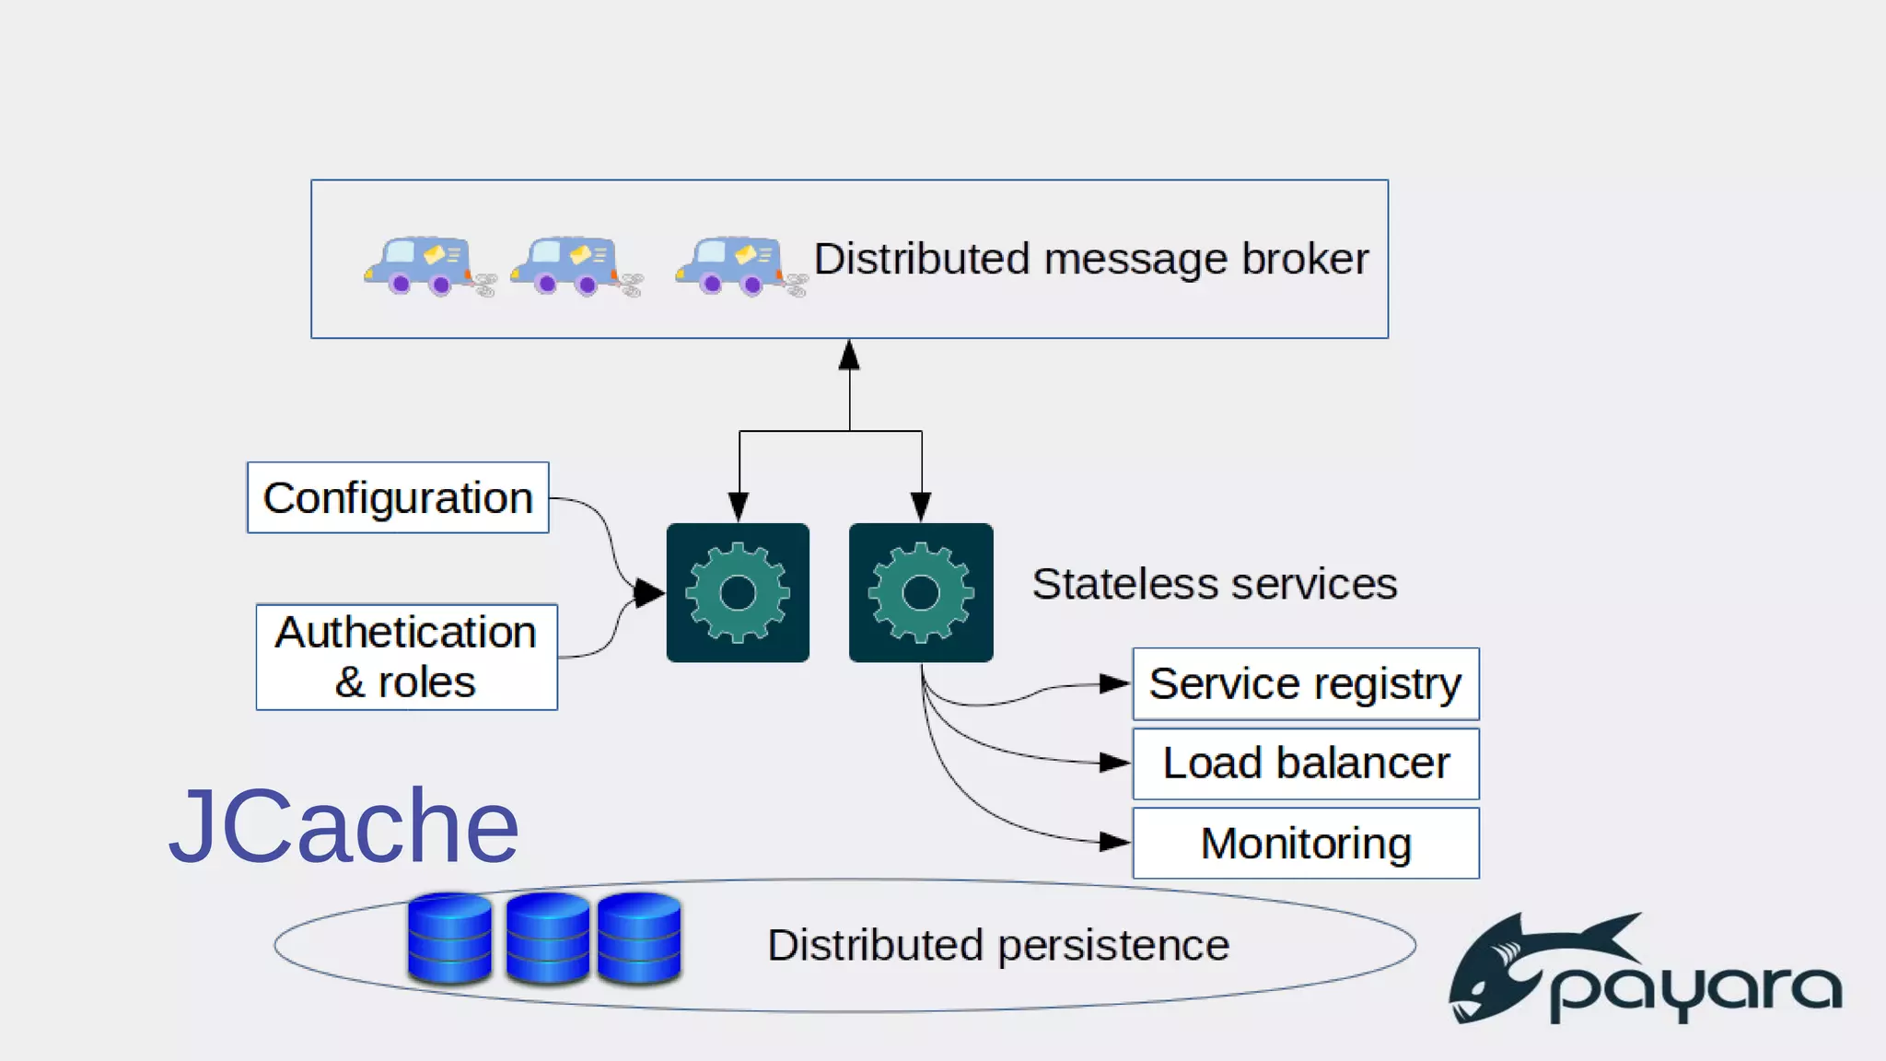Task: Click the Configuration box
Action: [398, 497]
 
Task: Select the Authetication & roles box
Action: [406, 657]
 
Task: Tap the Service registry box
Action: [1305, 684]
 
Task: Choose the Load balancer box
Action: [1305, 764]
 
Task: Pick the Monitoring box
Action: [1305, 844]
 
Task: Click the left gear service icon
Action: [738, 592]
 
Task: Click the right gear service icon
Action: [921, 592]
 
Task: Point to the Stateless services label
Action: [1214, 584]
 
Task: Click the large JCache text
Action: [343, 826]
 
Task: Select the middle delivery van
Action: [567, 265]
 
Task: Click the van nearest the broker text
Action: [732, 265]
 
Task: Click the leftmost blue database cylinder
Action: [449, 938]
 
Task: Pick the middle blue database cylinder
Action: [547, 938]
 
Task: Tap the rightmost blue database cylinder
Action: [639, 938]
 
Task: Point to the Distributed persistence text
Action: [998, 945]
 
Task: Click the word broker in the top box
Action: [1305, 259]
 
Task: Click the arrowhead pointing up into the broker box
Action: [849, 356]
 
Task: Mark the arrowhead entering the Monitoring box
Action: [1114, 842]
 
